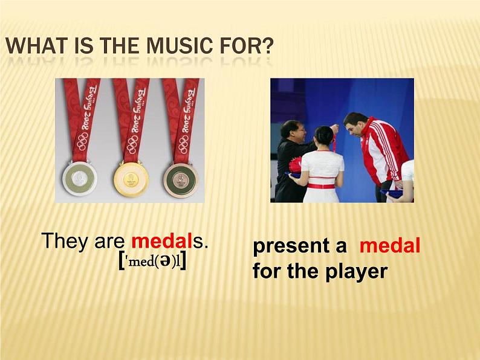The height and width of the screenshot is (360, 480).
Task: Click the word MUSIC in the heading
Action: pos(179,45)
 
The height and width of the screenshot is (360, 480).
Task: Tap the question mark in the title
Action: pos(267,45)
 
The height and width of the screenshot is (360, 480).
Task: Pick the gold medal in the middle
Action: pos(131,178)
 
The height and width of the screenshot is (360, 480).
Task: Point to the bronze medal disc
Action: pos(181,178)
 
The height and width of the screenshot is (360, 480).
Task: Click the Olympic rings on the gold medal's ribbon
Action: pos(132,144)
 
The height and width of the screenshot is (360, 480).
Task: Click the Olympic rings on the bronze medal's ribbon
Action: pos(184,144)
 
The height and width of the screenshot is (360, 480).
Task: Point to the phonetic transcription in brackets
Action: pos(152,262)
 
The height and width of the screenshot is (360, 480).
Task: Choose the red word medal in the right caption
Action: pos(390,245)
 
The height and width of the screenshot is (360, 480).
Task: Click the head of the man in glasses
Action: pos(293,130)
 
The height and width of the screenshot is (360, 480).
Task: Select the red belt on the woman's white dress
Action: pos(321,185)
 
